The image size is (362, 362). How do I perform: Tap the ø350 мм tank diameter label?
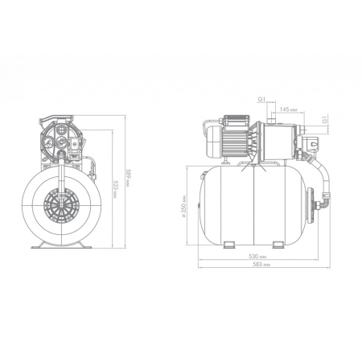point(184,206)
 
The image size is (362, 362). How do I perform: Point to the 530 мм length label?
point(257,257)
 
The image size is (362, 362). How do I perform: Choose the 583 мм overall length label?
point(261,265)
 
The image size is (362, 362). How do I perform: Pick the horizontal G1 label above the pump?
point(261,99)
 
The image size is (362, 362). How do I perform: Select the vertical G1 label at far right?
point(325,120)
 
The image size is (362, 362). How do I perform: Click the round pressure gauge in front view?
point(48,143)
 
